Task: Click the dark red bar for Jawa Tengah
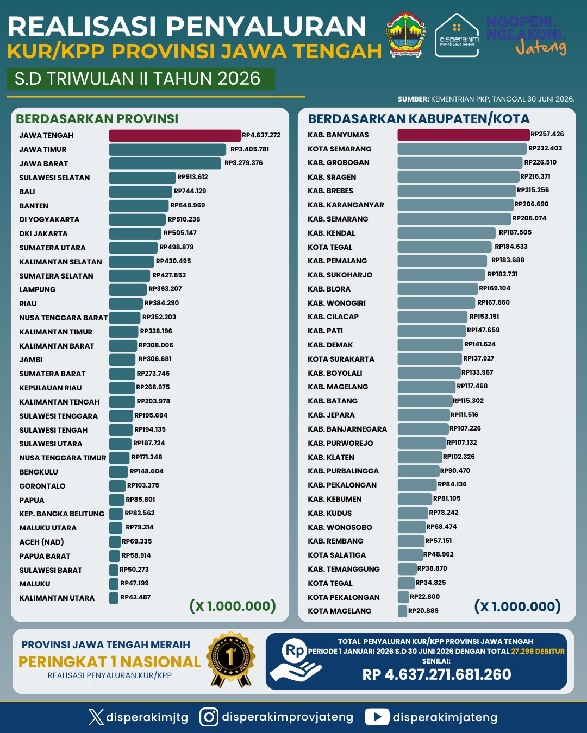[175, 135]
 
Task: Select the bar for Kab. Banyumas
[464, 135]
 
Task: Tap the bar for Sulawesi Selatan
[142, 178]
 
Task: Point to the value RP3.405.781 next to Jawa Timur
[249, 149]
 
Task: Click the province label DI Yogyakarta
[49, 220]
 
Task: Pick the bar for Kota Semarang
[462, 149]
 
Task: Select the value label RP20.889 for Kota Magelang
[423, 611]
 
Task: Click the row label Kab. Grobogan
[339, 162]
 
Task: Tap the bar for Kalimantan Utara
[114, 598]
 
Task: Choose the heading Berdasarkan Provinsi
[97, 119]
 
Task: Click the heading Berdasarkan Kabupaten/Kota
[419, 119]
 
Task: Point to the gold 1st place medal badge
[231, 659]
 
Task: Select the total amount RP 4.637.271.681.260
[436, 674]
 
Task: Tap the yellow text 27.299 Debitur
[538, 651]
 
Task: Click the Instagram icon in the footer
[209, 717]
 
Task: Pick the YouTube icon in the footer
[377, 717]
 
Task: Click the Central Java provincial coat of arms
[405, 35]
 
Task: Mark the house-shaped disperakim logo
[457, 35]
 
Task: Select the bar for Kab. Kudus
[413, 513]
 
